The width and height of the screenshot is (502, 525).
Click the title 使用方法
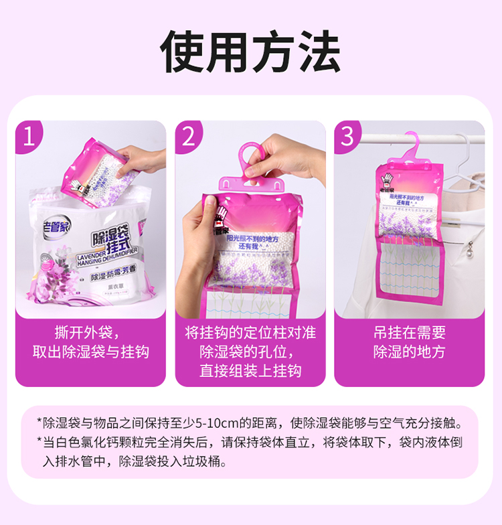(250, 52)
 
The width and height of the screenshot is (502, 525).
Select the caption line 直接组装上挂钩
(250, 370)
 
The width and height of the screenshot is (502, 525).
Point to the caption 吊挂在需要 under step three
(409, 333)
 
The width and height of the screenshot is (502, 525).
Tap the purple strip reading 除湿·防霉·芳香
(120, 275)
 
